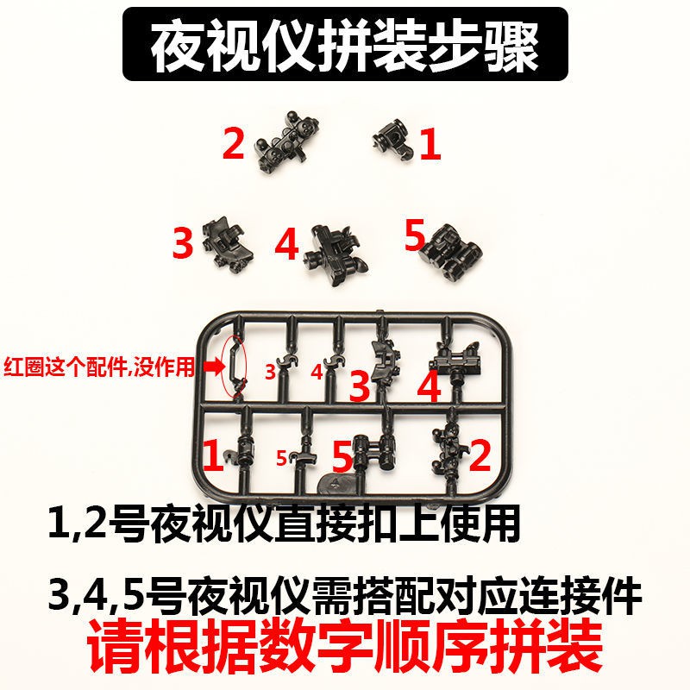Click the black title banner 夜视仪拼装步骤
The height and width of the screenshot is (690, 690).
[x=345, y=44]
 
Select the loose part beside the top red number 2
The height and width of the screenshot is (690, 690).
[x=287, y=141]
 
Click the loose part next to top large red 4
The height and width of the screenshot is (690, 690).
[x=336, y=254]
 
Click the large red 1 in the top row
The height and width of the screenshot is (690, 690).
[x=430, y=143]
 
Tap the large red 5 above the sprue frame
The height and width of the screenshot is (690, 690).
[x=415, y=235]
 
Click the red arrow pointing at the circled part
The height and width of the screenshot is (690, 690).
[x=214, y=367]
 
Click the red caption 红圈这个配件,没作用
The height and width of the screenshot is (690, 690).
[x=99, y=366]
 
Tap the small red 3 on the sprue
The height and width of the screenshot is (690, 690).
[x=270, y=372]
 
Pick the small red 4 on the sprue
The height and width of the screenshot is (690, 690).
[x=317, y=372]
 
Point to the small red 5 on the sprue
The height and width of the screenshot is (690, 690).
[x=282, y=458]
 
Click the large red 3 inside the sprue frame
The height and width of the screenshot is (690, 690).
[x=360, y=386]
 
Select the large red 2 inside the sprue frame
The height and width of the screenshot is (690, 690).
[x=480, y=455]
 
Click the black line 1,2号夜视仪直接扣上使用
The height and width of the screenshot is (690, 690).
[x=284, y=524]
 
